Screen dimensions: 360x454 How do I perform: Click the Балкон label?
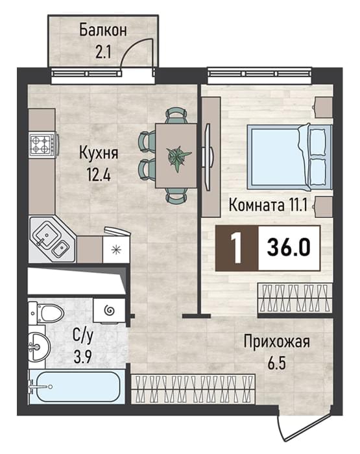pyautogui.click(x=103, y=30)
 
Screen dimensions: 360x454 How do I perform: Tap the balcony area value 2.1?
pyautogui.click(x=103, y=53)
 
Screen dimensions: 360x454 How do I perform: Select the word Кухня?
pyautogui.click(x=99, y=154)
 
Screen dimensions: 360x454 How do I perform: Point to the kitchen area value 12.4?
pyautogui.click(x=99, y=174)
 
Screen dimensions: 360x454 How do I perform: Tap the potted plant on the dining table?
pyautogui.click(x=178, y=158)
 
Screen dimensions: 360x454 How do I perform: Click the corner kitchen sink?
pyautogui.click(x=52, y=239)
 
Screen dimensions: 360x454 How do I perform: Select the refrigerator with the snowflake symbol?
pyautogui.click(x=116, y=248)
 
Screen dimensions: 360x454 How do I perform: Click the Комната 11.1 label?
pyautogui.click(x=268, y=206)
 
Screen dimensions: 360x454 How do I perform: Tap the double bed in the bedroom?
pyautogui.click(x=289, y=156)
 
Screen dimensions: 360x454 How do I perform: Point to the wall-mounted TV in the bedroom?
pyautogui.click(x=208, y=157)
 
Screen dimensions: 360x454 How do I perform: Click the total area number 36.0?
pyautogui.click(x=289, y=248)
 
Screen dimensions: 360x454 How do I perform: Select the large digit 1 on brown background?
pyautogui.click(x=237, y=248)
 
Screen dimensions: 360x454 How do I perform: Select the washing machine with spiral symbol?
pyautogui.click(x=110, y=311)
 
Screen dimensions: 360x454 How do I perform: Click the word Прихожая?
pyautogui.click(x=276, y=342)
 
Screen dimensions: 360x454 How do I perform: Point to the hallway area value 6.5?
pyautogui.click(x=276, y=363)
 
